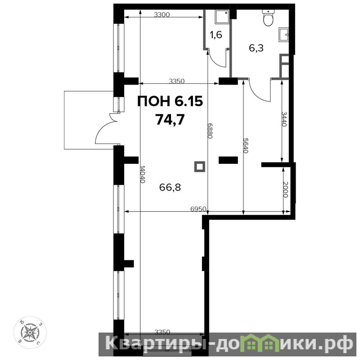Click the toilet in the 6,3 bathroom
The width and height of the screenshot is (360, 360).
tap(268, 18)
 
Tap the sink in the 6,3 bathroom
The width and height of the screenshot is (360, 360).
tap(283, 35)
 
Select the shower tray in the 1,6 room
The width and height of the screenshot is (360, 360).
tap(222, 17)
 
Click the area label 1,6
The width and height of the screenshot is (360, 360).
tap(216, 35)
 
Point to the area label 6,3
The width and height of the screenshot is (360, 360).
tap(256, 48)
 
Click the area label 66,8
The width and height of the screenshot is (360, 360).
tap(170, 187)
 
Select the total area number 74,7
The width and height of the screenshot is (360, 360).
tap(170, 120)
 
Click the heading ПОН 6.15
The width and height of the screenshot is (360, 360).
tap(170, 101)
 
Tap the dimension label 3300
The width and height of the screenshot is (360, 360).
tap(162, 15)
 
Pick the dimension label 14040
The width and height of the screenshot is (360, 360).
tap(143, 174)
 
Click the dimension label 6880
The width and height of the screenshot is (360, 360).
tap(210, 130)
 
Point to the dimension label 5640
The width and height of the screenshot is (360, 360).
tap(246, 146)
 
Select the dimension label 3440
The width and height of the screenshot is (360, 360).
tap(284, 119)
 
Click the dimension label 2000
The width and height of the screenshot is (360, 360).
tap(286, 189)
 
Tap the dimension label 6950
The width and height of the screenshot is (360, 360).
tap(198, 209)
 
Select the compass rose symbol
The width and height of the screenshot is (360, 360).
tap(30, 332)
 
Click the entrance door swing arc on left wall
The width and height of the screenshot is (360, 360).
tap(104, 130)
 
